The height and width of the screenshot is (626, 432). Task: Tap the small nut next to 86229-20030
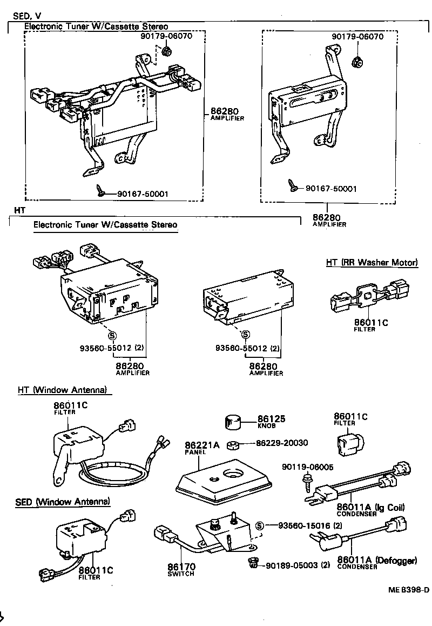click(234, 445)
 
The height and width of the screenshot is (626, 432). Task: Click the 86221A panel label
click(202, 445)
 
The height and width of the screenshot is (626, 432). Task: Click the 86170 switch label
click(181, 567)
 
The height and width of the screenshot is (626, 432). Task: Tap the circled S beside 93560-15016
click(259, 525)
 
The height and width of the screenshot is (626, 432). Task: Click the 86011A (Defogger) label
click(377, 560)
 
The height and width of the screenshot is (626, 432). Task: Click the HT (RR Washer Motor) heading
click(372, 263)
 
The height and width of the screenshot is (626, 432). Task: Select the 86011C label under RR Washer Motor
click(367, 323)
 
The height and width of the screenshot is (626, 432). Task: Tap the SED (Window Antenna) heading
click(63, 502)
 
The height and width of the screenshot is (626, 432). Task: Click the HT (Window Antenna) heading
click(62, 390)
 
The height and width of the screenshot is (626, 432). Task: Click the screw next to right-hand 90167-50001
click(294, 185)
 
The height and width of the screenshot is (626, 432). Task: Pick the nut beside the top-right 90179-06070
click(356, 61)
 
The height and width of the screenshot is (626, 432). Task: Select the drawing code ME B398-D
click(408, 590)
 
